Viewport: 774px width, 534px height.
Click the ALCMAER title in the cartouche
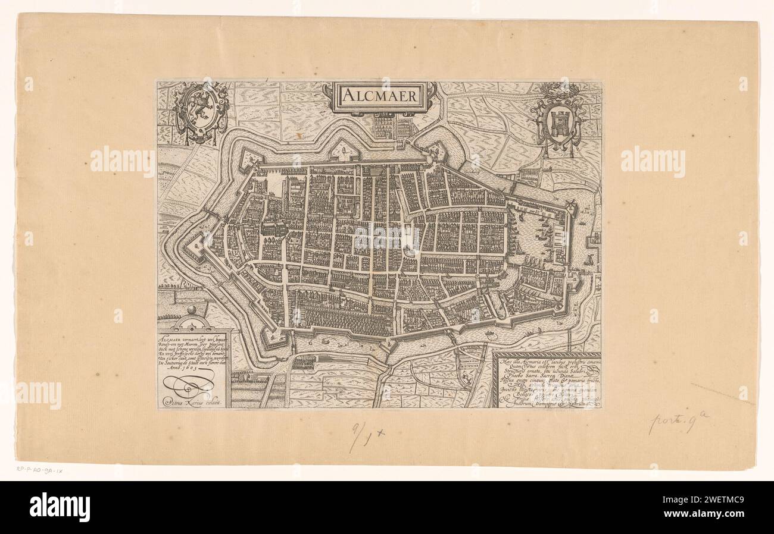coord(379,96)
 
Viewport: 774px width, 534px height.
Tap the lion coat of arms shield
coord(201,111)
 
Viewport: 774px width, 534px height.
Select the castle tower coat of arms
coord(558,122)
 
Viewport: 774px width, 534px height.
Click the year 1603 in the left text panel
coord(204,369)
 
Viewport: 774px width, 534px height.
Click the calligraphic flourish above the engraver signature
coord(189,385)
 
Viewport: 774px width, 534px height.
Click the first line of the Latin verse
coord(547,360)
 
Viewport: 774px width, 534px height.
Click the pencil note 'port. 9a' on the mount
coord(678,423)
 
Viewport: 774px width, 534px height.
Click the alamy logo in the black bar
coord(60,507)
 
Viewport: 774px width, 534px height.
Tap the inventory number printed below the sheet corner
coord(40,469)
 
